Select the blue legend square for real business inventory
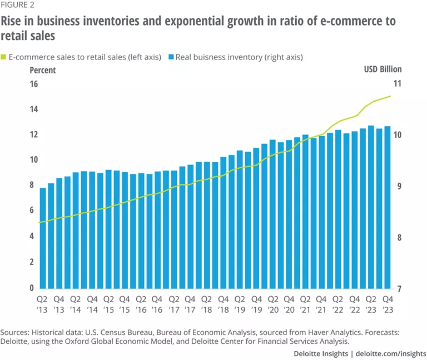click(171, 57)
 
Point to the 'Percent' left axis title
click(42, 70)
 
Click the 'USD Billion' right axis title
click(383, 70)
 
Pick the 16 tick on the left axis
click(33, 84)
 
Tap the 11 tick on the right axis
click(396, 84)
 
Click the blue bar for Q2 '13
click(43, 239)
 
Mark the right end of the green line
click(391, 96)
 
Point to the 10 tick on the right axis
click(396, 135)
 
